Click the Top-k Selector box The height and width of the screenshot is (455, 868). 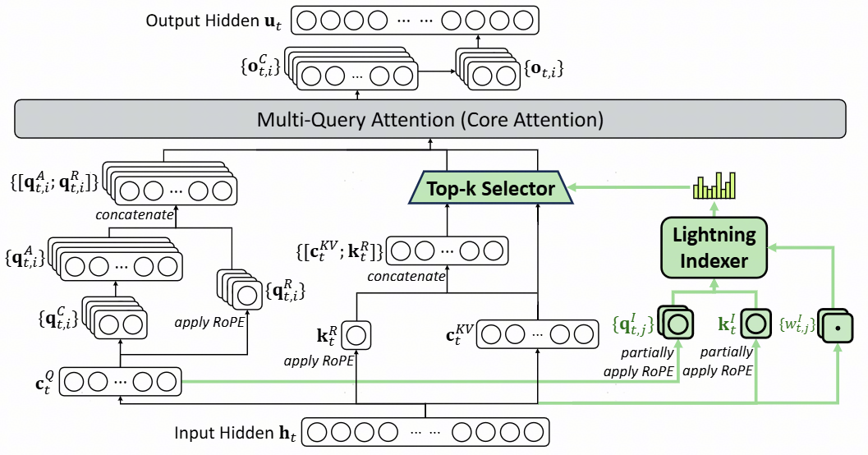pyautogui.click(x=491, y=189)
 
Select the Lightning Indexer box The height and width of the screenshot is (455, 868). pyautogui.click(x=714, y=247)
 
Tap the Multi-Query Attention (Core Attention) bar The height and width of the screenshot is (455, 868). pyautogui.click(x=430, y=120)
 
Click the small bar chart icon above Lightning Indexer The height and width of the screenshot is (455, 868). pyautogui.click(x=712, y=187)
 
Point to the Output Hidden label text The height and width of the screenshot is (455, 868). pyautogui.click(x=210, y=21)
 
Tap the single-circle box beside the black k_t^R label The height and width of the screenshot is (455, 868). pyautogui.click(x=356, y=334)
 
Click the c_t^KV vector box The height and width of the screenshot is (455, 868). pyautogui.click(x=536, y=334)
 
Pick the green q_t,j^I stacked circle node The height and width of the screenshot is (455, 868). pyautogui.click(x=677, y=324)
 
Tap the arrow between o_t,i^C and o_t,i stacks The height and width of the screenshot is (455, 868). pyautogui.click(x=436, y=71)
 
